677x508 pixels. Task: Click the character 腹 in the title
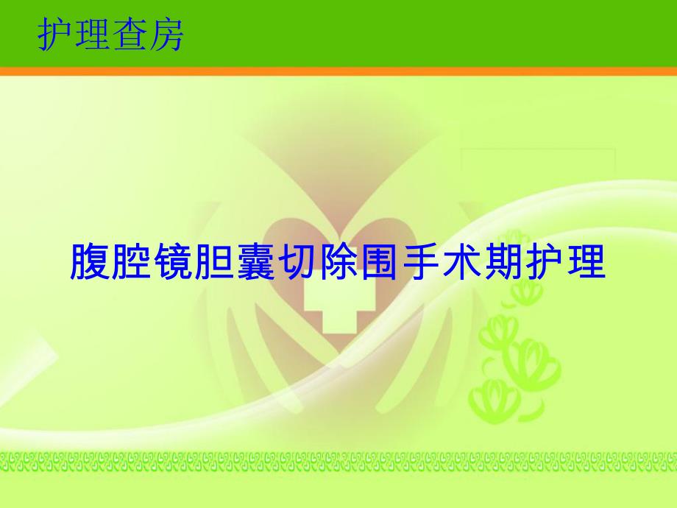(90, 262)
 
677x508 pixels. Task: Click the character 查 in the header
(130, 35)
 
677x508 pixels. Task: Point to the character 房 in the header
(166, 35)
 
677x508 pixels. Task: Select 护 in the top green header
(56, 35)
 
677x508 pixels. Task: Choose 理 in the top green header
(93, 35)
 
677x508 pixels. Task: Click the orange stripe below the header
(338, 71)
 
